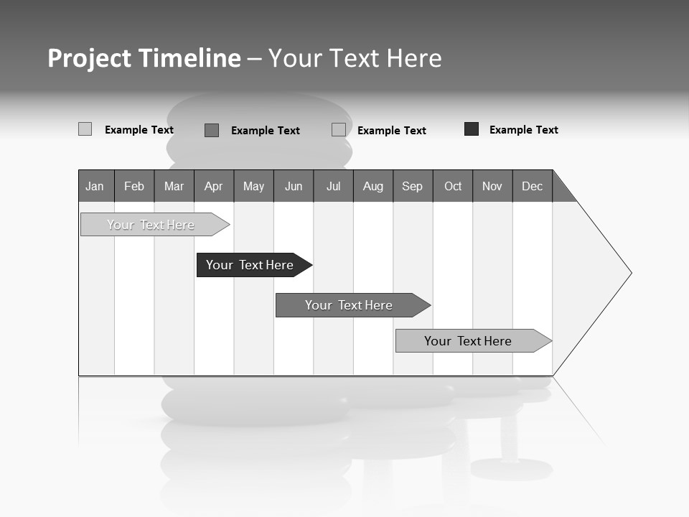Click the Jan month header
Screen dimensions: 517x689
95,186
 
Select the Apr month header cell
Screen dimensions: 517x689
214,186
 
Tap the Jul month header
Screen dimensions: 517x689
333,186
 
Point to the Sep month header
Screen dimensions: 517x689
413,186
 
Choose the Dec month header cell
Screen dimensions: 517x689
532,186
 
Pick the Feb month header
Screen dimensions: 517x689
134,186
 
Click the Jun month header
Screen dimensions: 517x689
294,186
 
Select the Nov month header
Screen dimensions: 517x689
492,186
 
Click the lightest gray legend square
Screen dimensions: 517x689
85,129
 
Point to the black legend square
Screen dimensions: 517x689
472,129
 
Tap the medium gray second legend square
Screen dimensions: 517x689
212,130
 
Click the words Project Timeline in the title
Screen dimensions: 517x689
144,58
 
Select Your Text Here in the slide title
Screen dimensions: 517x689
355,58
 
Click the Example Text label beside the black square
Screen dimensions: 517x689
523,130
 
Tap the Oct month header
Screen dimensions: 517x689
453,186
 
